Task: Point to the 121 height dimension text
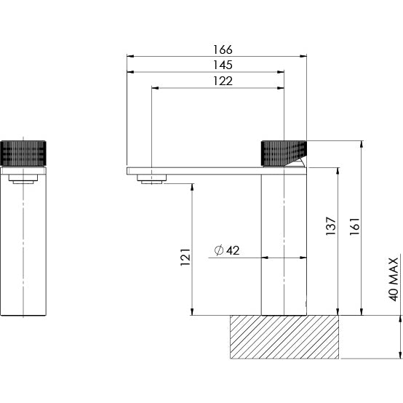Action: coord(184,258)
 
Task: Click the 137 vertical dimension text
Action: coord(331,226)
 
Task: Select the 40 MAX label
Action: coord(394,279)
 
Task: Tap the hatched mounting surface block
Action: coord(285,337)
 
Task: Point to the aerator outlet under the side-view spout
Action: coord(152,180)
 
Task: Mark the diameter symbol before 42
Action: coord(218,251)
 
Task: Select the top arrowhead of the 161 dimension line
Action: coord(362,144)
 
